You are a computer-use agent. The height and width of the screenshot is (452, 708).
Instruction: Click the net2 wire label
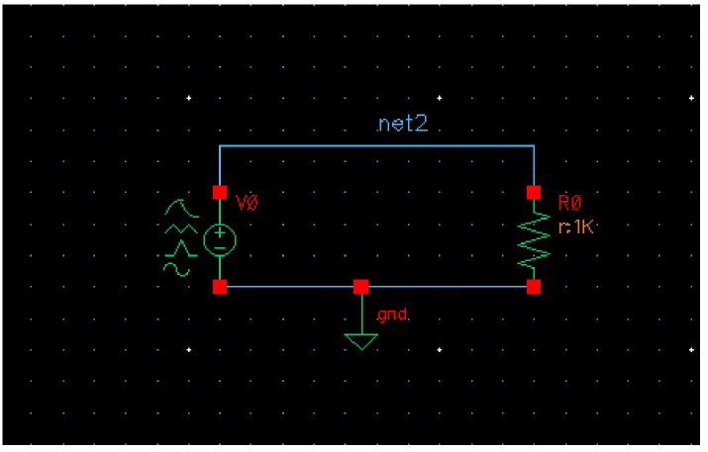(x=403, y=125)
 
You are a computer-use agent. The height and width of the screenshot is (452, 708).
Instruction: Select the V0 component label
(x=248, y=203)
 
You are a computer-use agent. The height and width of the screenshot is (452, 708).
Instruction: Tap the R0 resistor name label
(x=569, y=203)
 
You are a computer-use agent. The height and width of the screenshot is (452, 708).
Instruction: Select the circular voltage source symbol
(x=219, y=238)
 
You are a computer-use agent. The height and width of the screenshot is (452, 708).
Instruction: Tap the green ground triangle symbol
(x=361, y=341)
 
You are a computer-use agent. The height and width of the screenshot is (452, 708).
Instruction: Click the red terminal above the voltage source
(x=219, y=192)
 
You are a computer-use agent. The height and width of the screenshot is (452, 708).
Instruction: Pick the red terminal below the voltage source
(x=219, y=287)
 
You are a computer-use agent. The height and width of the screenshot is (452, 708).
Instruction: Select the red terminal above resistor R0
(x=534, y=192)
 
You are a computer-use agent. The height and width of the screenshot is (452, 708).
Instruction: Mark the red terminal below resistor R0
(x=534, y=287)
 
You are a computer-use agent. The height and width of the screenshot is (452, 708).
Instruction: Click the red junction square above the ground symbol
(x=361, y=287)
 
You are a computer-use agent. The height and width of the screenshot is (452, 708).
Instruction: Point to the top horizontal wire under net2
(x=376, y=145)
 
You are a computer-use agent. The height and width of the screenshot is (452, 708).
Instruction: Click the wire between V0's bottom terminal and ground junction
(x=289, y=287)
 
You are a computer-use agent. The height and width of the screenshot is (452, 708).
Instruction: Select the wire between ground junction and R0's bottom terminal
(x=448, y=287)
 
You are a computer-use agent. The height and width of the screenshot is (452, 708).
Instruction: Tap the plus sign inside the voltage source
(x=219, y=232)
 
